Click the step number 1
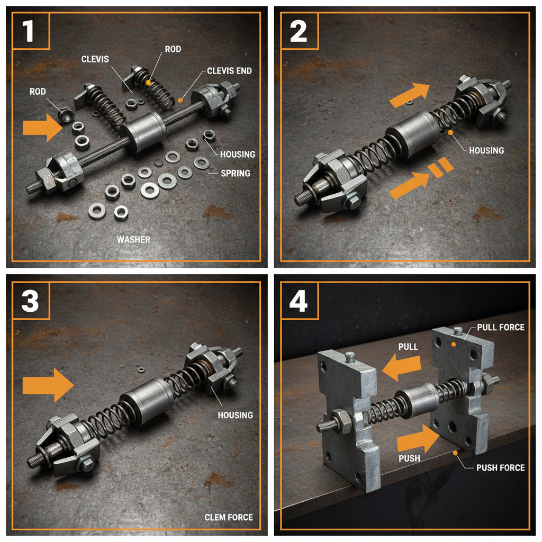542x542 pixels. [x=28, y=31]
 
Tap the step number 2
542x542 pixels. [x=299, y=31]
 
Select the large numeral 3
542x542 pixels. [x=30, y=301]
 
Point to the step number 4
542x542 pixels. [x=299, y=301]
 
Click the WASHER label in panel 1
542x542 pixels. [x=133, y=240]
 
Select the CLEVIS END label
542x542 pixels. [x=229, y=71]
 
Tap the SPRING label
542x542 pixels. [x=236, y=173]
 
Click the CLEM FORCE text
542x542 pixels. [x=229, y=517]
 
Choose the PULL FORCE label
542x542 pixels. [x=501, y=327]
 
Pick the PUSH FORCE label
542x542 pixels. [x=501, y=468]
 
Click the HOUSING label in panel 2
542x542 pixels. [x=486, y=150]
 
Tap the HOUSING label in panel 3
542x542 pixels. [x=235, y=415]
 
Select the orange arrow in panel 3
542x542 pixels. [x=48, y=385]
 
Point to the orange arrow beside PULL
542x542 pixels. [x=401, y=367]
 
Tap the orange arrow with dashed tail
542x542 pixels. [x=421, y=178]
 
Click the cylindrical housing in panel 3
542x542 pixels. [x=147, y=401]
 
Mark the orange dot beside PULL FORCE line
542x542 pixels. [x=454, y=344]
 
